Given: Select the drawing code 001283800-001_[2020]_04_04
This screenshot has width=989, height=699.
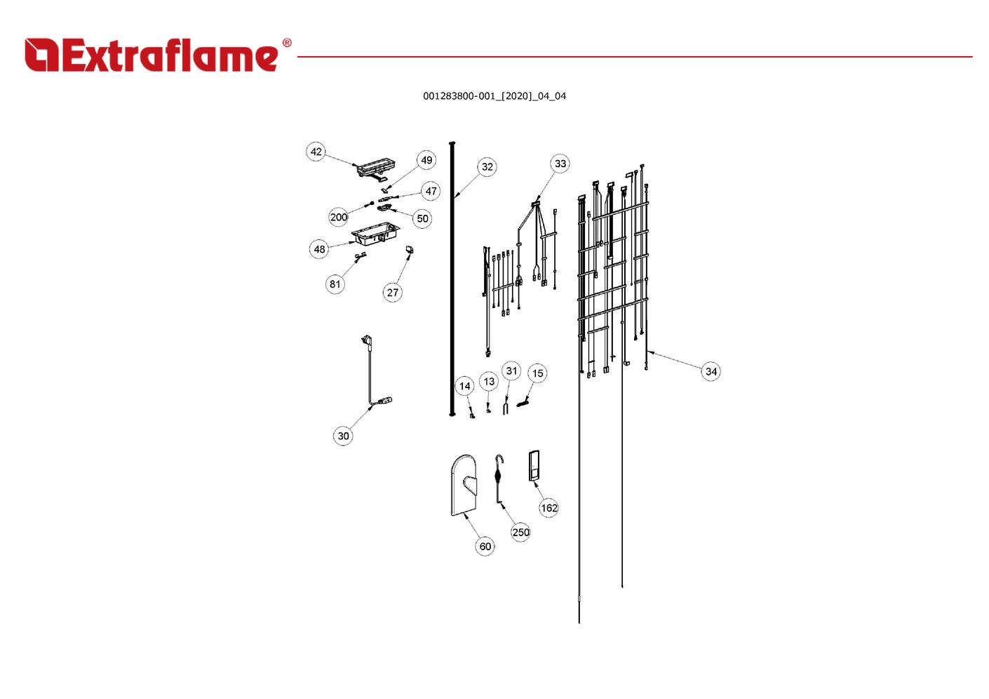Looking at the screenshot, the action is (494, 96).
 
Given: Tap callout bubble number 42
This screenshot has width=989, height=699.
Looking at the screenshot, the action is (316, 152).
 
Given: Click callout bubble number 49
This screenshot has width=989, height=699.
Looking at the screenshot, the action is (426, 160).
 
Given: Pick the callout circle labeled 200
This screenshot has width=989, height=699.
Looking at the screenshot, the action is (339, 217).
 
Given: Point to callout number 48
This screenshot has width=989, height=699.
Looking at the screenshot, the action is (319, 249).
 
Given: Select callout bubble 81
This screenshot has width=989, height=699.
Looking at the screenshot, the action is (335, 284).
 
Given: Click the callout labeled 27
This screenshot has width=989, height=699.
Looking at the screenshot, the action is (393, 292).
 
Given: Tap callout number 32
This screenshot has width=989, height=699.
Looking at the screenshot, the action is (487, 166).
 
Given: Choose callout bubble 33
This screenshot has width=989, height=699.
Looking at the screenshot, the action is (560, 164).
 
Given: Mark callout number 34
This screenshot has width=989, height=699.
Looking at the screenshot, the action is (711, 371).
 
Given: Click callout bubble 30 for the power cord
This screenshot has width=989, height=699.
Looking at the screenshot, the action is (343, 436).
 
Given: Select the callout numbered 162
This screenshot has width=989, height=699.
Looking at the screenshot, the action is (549, 508).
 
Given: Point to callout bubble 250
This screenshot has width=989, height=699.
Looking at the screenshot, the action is (520, 532).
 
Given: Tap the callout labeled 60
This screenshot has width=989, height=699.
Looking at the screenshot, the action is (485, 546).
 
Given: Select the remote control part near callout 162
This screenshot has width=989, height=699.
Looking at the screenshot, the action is (534, 466).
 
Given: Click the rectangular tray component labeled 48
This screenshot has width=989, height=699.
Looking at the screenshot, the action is (376, 233).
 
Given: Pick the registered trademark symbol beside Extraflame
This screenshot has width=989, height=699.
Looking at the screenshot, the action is (287, 43).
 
